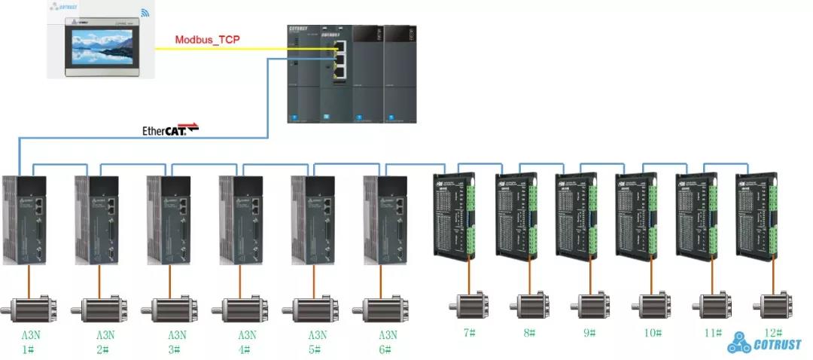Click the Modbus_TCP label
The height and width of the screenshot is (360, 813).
[x=207, y=39]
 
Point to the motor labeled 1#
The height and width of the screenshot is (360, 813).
[x=31, y=310]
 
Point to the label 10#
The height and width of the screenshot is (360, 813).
[x=651, y=333]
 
